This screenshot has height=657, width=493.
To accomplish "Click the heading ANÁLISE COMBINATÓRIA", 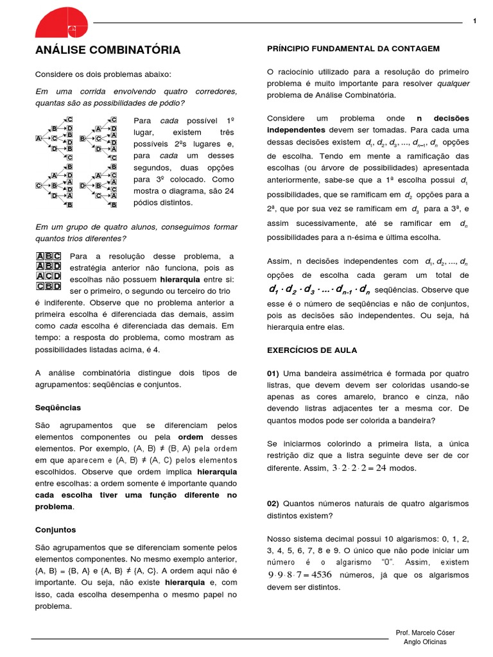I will pos(108,50).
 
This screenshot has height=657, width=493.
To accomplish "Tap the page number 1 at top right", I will pos(474,22).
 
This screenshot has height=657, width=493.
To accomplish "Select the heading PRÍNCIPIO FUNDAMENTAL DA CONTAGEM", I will pos(353,48).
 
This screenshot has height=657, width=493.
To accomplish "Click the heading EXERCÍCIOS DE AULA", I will pos(312,350).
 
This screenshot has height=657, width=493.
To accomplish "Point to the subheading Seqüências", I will pos(58,407).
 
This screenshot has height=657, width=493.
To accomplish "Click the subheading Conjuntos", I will pos(55,529).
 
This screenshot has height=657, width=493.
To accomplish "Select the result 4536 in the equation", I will pos(320,574).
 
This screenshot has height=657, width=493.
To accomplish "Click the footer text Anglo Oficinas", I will pos(424,642).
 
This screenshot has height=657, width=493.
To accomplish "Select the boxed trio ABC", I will pos(48,256).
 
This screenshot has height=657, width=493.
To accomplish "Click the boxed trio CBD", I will pos(48,286).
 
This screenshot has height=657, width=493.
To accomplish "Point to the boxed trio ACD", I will pos(48,276).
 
